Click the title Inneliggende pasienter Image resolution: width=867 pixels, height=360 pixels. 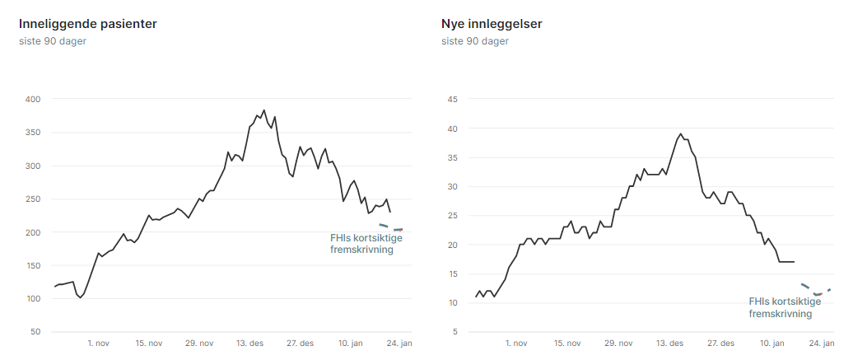pyautogui.click(x=88, y=24)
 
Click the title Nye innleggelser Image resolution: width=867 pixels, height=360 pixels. pyautogui.click(x=492, y=24)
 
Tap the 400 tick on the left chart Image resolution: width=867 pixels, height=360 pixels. pyautogui.click(x=34, y=100)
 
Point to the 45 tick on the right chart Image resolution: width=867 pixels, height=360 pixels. pyautogui.click(x=451, y=100)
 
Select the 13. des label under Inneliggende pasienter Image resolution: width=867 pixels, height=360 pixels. pyautogui.click(x=250, y=343)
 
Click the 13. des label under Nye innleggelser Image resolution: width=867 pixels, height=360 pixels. pyautogui.click(x=669, y=343)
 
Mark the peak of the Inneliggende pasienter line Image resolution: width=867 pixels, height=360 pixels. pyautogui.click(x=263, y=110)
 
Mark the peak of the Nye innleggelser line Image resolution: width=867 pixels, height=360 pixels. pyautogui.click(x=680, y=134)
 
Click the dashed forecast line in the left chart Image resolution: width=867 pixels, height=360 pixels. pyautogui.click(x=390, y=227)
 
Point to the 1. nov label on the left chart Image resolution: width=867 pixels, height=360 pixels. pyautogui.click(x=98, y=343)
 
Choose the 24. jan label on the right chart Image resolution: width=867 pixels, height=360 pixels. pyautogui.click(x=822, y=343)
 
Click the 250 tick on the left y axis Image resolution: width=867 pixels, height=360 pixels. pyautogui.click(x=34, y=199)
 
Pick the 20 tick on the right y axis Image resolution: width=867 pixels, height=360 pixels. pyautogui.click(x=451, y=245)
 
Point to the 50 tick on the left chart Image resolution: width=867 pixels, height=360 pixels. pyautogui.click(x=36, y=332)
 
